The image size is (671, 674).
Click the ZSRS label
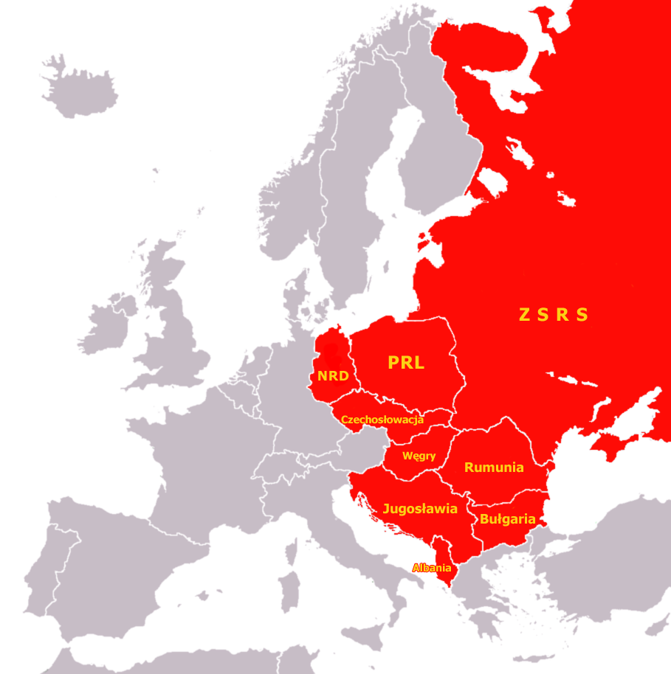(554, 315)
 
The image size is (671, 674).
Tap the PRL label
(406, 363)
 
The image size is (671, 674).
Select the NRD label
(332, 376)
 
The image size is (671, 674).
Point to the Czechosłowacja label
(382, 420)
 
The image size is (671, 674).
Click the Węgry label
(419, 456)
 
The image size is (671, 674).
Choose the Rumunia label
(494, 467)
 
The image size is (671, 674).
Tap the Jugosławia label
(419, 509)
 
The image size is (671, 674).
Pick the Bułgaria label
(507, 519)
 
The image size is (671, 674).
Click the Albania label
(432, 568)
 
